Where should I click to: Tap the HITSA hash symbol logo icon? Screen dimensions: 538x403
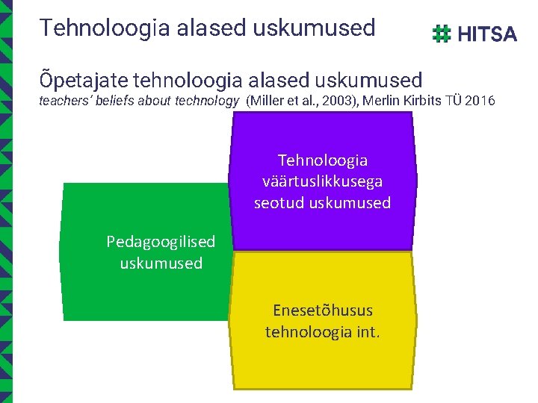442,34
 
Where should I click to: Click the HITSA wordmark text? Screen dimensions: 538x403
486,34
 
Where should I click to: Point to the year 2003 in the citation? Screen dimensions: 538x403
336,101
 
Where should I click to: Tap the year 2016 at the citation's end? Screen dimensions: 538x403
479,101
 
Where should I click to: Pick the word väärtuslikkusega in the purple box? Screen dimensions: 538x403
323,181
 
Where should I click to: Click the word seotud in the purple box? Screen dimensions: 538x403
277,203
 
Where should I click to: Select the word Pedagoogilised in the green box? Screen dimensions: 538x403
161,242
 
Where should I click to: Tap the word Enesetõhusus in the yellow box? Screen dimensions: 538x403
323,310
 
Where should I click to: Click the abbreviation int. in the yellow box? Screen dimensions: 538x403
364,331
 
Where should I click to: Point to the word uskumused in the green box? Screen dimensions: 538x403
161,263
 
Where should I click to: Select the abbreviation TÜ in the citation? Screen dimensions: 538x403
454,101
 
